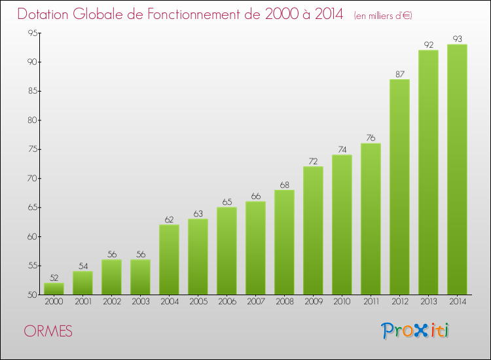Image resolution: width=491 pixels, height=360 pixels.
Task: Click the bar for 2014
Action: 457,170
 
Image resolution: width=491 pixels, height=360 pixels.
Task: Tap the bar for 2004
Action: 169,259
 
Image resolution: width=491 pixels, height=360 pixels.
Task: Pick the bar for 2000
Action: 54,289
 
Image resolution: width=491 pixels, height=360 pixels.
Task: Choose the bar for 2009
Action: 313,230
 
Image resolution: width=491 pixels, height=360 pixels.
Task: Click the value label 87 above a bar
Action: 399,74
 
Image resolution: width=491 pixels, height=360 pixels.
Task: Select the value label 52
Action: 54,278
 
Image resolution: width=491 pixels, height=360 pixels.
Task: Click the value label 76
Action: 371,138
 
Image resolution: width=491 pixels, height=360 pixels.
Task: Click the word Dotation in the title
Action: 48,14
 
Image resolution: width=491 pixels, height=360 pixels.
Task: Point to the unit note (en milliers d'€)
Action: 383,16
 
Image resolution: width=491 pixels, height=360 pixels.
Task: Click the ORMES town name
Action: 48,331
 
